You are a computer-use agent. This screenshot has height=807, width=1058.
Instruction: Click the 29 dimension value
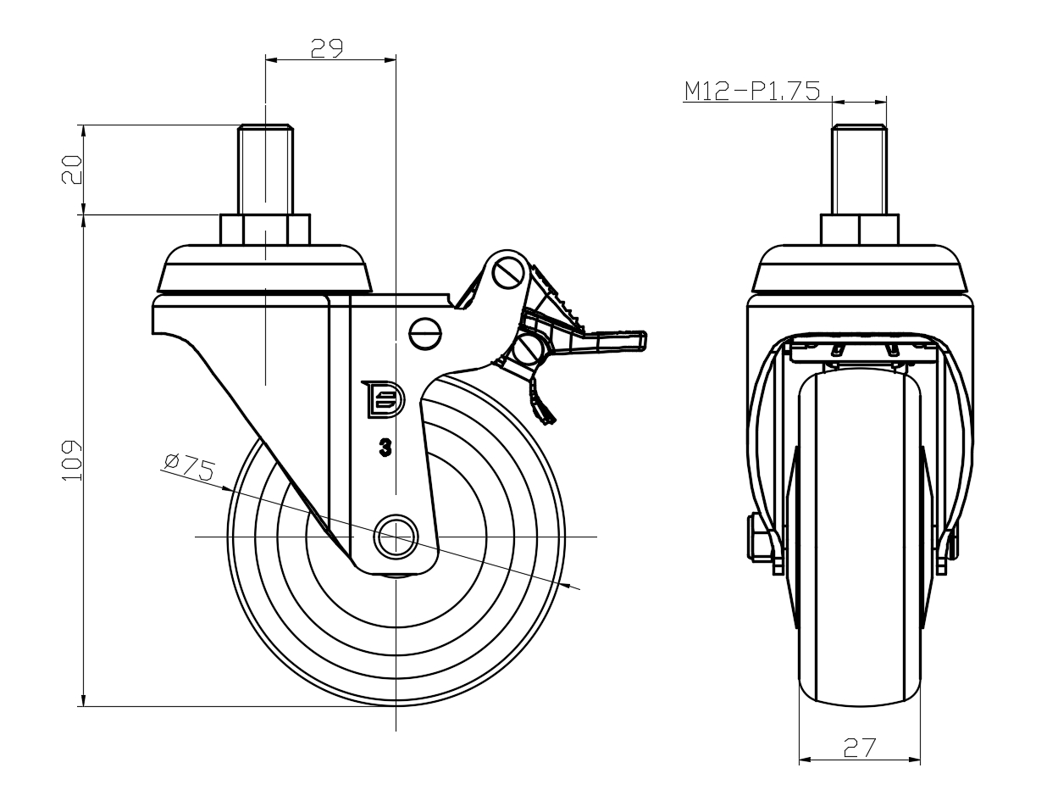pyautogui.click(x=326, y=48)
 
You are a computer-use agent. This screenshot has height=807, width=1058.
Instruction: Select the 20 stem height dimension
pyautogui.click(x=71, y=170)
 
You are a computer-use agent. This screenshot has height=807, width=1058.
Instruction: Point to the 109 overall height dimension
pyautogui.click(x=72, y=460)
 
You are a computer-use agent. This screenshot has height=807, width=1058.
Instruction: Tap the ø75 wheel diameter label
pyautogui.click(x=189, y=466)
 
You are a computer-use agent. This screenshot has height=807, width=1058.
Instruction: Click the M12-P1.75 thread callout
pyautogui.click(x=752, y=91)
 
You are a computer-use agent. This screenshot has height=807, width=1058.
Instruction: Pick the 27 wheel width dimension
pyautogui.click(x=859, y=747)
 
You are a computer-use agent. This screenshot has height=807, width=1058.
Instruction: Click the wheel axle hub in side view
pyautogui.click(x=396, y=537)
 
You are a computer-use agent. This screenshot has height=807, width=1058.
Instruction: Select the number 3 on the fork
pyautogui.click(x=385, y=448)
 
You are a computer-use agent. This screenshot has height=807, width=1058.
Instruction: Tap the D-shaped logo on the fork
pyautogui.click(x=383, y=399)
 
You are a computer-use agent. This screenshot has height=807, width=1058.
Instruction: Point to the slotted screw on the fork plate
pyautogui.click(x=425, y=334)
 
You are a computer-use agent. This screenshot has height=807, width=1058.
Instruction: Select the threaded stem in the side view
pyautogui.click(x=266, y=170)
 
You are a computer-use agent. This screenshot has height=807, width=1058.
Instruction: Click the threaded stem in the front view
pyautogui.click(x=860, y=170)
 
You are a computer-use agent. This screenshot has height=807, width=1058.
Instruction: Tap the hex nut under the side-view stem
pyautogui.click(x=265, y=230)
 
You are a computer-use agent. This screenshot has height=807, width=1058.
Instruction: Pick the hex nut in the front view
pyautogui.click(x=860, y=230)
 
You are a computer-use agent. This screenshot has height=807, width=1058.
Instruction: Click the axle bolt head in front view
pyautogui.click(x=756, y=537)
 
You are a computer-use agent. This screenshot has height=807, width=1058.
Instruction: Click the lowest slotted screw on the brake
pyautogui.click(x=529, y=351)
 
